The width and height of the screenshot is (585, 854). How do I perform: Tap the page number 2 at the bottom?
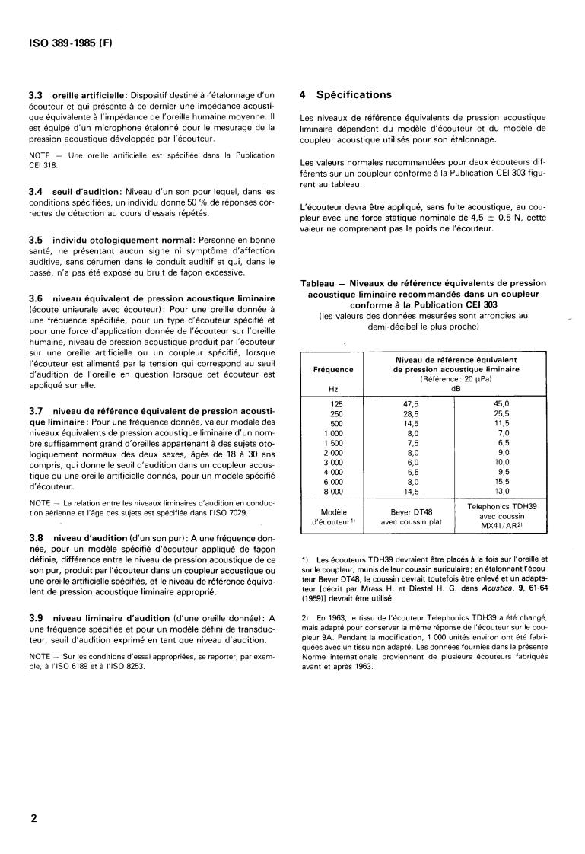(33, 818)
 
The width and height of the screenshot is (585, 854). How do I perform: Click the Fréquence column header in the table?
(333, 369)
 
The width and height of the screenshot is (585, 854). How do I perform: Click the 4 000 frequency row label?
(333, 472)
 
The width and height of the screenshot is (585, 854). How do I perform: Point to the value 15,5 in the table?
(501, 482)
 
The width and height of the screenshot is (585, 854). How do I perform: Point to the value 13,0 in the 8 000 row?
(501, 492)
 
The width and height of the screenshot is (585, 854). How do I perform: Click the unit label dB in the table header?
(456, 388)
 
